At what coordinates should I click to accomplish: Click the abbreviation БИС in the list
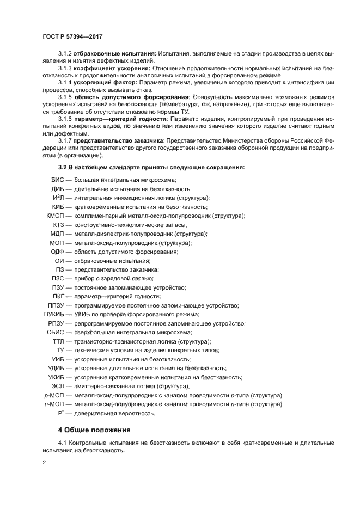(x=57, y=180)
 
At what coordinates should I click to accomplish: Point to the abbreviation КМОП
(x=56, y=216)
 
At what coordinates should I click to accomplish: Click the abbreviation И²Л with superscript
(x=58, y=198)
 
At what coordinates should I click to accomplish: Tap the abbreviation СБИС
(x=56, y=332)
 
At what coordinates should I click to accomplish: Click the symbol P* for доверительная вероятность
(x=61, y=413)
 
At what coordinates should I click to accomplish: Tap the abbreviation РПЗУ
(x=56, y=323)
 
